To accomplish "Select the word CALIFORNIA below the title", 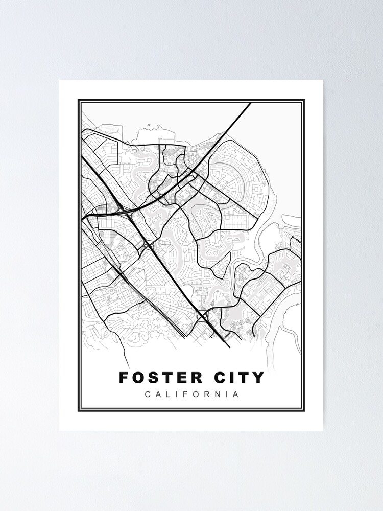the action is (x=192, y=394).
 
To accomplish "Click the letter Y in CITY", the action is (x=259, y=378).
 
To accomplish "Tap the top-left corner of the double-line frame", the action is (x=79, y=100).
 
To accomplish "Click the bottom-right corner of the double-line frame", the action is (x=304, y=411).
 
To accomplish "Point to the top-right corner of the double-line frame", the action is (x=304, y=100).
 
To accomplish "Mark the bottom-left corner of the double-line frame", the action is (x=79, y=411).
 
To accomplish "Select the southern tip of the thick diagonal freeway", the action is (x=229, y=346).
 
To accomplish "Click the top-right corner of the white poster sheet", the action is (x=323, y=80).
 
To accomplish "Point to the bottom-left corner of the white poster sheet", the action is (x=60, y=430).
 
